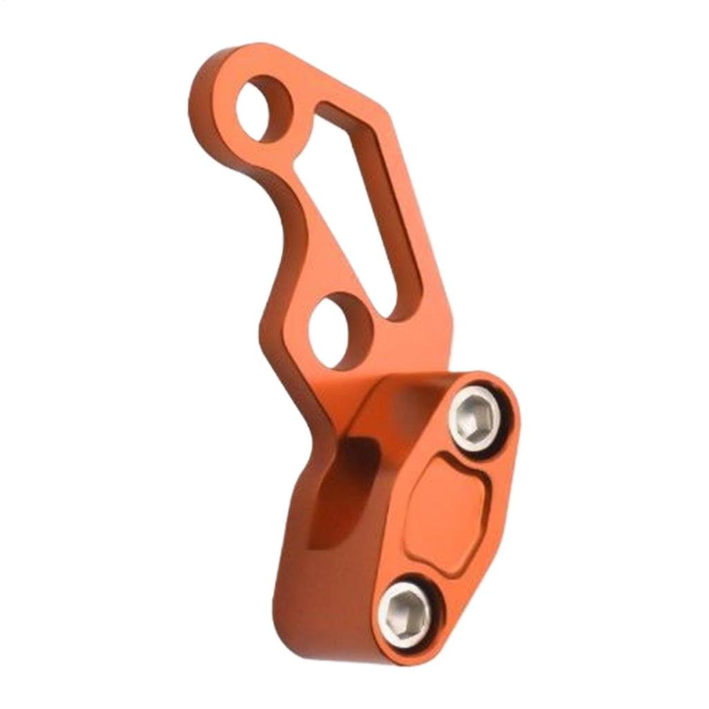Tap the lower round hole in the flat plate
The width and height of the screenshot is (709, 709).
click(x=337, y=330)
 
